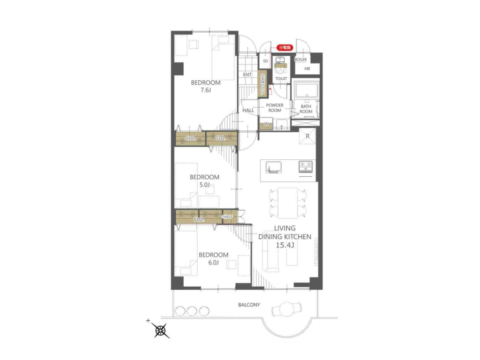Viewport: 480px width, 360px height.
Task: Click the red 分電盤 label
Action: point(285,48)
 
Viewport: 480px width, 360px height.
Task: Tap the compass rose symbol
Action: point(161,330)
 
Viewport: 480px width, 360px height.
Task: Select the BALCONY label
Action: point(249,305)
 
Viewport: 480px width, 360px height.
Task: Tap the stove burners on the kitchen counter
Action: point(305,167)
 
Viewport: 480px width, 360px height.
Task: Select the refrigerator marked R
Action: point(307,136)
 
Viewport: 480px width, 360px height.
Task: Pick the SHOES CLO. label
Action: point(263,84)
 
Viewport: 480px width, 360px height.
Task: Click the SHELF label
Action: point(227,217)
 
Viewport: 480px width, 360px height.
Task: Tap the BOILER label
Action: point(301,59)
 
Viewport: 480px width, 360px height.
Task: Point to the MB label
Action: point(307,69)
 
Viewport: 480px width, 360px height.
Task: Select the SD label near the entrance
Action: point(265,61)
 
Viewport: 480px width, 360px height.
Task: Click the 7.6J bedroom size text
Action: point(206,90)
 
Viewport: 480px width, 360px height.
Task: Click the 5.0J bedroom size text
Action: point(205,185)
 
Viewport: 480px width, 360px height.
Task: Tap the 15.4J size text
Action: point(285,245)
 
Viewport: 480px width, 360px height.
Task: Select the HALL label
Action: point(248,110)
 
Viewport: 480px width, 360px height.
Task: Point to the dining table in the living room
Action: point(288,203)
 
